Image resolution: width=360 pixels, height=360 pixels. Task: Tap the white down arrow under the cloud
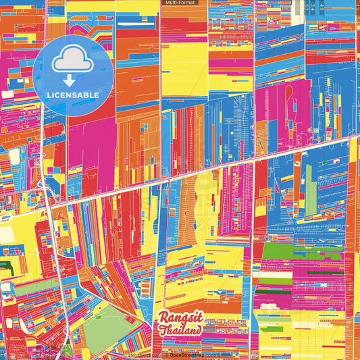68,80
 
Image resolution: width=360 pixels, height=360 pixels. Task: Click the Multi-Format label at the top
180,3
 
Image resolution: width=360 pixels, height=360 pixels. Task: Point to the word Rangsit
180,318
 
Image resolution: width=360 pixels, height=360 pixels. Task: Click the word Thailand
180,331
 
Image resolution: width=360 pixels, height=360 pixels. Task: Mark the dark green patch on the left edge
5,268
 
